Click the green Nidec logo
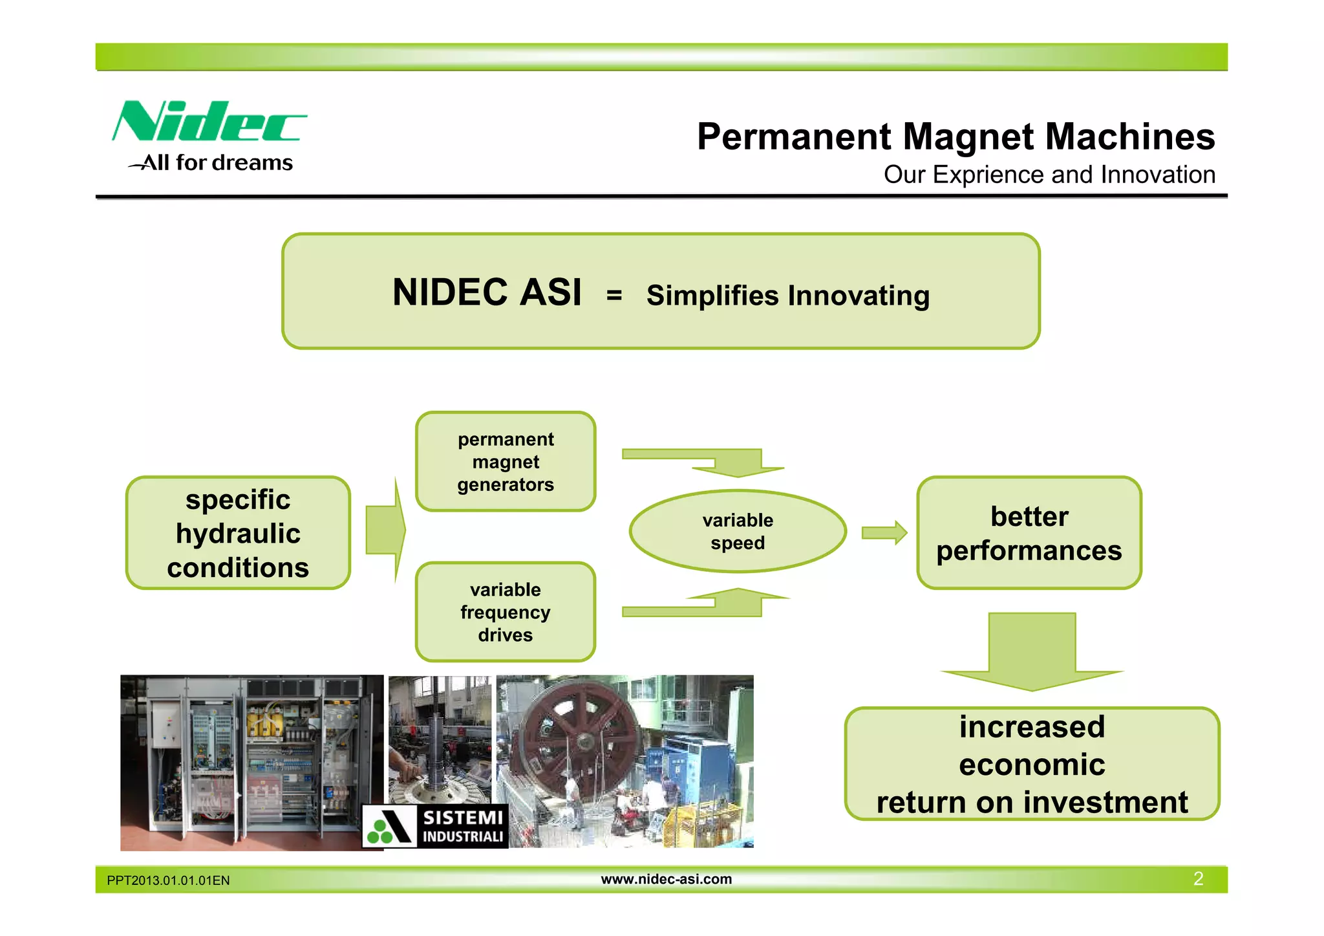click(x=209, y=122)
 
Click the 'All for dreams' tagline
click(x=217, y=162)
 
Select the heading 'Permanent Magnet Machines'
click(x=956, y=136)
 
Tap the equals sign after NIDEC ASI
click(x=614, y=296)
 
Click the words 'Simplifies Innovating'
click(x=787, y=296)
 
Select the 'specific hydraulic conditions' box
click(x=238, y=533)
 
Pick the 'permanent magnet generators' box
click(x=505, y=462)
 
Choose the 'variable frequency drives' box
click(x=505, y=612)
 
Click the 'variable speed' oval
click(x=738, y=532)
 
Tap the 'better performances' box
click(x=1029, y=533)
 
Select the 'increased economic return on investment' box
click(x=1032, y=764)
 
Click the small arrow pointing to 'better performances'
click(x=884, y=533)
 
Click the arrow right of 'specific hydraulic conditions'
click(x=386, y=530)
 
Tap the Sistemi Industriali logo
click(x=435, y=826)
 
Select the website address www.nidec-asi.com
click(x=666, y=879)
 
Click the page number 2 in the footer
click(x=1198, y=878)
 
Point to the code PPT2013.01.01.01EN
click(x=168, y=880)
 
